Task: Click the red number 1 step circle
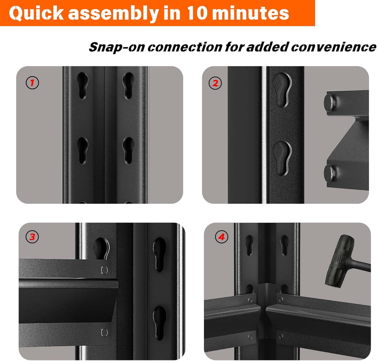[32, 83]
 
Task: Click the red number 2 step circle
[215, 83]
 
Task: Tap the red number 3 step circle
[32, 237]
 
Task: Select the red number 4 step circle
[221, 237]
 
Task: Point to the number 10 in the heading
[198, 13]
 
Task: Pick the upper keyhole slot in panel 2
[283, 89]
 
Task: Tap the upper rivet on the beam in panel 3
[104, 270]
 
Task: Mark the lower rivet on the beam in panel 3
[104, 333]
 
